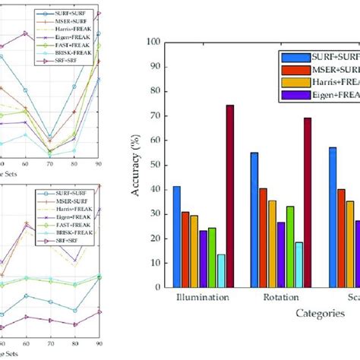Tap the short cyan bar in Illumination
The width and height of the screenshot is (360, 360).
point(221,271)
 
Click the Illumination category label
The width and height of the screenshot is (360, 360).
point(202,298)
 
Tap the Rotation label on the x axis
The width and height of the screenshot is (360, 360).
point(280,298)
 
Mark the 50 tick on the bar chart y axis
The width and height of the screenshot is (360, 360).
point(156,166)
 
